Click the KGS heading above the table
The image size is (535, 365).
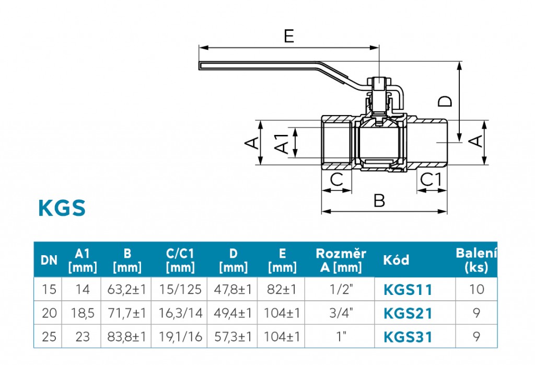tap(62, 208)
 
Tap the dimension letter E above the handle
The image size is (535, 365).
tap(289, 36)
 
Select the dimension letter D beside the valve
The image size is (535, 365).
tap(445, 100)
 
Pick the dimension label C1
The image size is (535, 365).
tap(431, 180)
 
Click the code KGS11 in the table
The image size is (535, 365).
tap(408, 289)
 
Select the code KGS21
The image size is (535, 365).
tap(408, 313)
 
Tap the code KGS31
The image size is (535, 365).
tap(408, 337)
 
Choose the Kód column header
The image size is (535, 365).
tap(396, 260)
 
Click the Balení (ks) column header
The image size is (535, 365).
tap(476, 260)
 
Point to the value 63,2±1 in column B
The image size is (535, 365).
tap(127, 289)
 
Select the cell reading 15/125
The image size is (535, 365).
tap(180, 289)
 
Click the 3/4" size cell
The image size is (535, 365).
tap(342, 313)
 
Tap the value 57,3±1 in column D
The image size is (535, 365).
tap(233, 337)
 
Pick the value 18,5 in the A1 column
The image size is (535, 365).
tap(83, 313)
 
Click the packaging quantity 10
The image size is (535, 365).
tap(476, 289)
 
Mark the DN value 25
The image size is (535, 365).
tap(49, 337)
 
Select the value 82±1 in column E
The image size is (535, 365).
tap(282, 289)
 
